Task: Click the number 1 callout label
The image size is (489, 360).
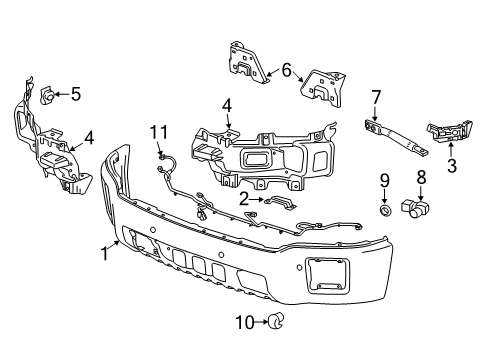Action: (x=103, y=253)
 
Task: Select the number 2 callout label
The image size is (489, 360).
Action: (x=244, y=199)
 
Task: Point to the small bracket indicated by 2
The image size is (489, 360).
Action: (x=276, y=203)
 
